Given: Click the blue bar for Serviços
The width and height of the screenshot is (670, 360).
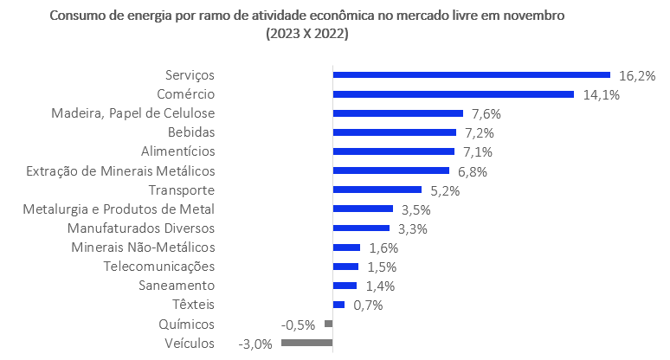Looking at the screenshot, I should click(472, 75).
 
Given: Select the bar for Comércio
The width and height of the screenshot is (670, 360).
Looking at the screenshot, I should click(454, 94).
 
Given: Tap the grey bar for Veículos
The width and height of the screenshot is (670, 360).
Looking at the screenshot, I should click(306, 343).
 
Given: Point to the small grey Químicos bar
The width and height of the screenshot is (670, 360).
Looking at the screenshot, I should click(328, 324).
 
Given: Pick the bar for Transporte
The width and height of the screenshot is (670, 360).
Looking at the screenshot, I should click(377, 190).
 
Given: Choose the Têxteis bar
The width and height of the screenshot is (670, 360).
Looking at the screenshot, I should click(339, 305).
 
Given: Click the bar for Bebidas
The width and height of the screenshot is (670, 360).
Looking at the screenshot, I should click(395, 132).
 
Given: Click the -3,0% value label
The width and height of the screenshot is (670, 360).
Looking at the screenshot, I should click(255, 344).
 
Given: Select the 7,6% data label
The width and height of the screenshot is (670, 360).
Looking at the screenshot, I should click(487, 113).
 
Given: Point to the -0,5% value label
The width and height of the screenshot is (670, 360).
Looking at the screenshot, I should click(299, 325).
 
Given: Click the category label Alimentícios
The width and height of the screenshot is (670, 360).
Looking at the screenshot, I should click(177, 151).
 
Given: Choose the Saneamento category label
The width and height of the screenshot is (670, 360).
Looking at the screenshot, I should click(177, 286).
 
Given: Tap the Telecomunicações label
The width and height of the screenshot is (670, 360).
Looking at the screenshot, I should click(158, 267).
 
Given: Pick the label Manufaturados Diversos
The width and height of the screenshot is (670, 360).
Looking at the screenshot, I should click(141, 228).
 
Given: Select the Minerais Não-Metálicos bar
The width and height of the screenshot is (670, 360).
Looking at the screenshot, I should click(346, 247).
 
